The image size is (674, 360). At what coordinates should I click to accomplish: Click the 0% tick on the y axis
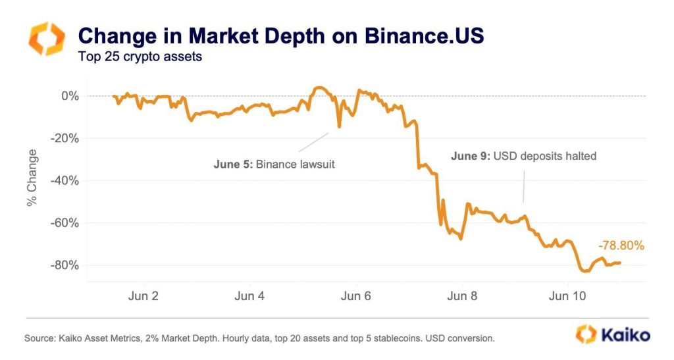[x=70, y=96]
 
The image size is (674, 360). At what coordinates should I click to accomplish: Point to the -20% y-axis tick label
[x=66, y=138]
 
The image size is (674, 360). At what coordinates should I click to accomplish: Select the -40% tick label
[x=66, y=180]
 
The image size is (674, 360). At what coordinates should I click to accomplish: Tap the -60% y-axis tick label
[x=66, y=222]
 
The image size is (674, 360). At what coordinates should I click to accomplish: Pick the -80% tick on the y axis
[x=66, y=265]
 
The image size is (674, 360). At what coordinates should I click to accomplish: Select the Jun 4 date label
[x=249, y=296]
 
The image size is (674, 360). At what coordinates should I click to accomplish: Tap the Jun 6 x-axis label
[x=356, y=296]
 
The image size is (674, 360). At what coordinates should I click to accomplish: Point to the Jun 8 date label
[x=463, y=296]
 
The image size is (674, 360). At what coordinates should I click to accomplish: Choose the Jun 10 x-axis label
[x=567, y=296]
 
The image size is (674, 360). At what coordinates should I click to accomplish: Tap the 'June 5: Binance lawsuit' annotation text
[x=274, y=164]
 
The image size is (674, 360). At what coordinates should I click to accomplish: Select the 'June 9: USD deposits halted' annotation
[x=523, y=156]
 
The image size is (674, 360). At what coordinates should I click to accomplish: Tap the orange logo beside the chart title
[x=46, y=38]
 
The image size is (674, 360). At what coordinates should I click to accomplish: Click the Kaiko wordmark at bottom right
[x=625, y=334]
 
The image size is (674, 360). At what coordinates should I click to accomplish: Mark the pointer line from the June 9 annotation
[x=525, y=184]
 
